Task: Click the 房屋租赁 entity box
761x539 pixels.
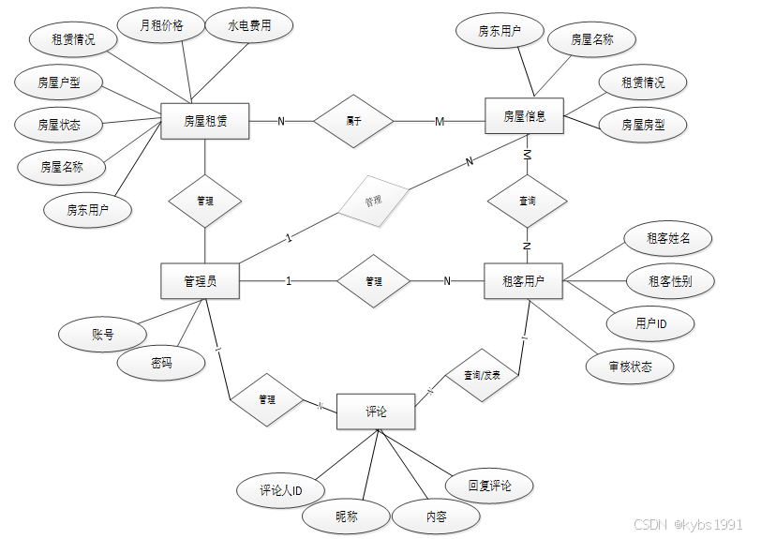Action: tap(204, 121)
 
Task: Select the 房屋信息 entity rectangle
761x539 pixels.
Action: tap(524, 117)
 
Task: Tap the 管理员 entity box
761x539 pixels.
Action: tap(200, 280)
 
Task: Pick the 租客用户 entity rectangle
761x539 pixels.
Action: tap(523, 280)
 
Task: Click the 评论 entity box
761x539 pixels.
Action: tap(375, 412)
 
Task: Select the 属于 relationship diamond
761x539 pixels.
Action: tap(353, 121)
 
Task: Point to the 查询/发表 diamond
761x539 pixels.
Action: tap(482, 375)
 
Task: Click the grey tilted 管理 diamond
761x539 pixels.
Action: tap(372, 201)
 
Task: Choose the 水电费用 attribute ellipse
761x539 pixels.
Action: tap(248, 26)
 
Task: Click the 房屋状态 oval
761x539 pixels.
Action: tap(59, 124)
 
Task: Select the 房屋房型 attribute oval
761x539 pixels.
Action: tap(643, 124)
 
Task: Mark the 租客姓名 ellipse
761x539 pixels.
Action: tap(667, 238)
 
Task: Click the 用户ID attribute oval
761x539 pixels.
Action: tap(650, 323)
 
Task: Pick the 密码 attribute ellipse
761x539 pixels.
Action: tap(161, 363)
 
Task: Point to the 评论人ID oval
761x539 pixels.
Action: tap(281, 490)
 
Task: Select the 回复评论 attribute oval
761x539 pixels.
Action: tap(490, 486)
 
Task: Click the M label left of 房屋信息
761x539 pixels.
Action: tap(440, 122)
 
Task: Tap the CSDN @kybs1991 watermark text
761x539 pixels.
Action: tap(688, 525)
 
